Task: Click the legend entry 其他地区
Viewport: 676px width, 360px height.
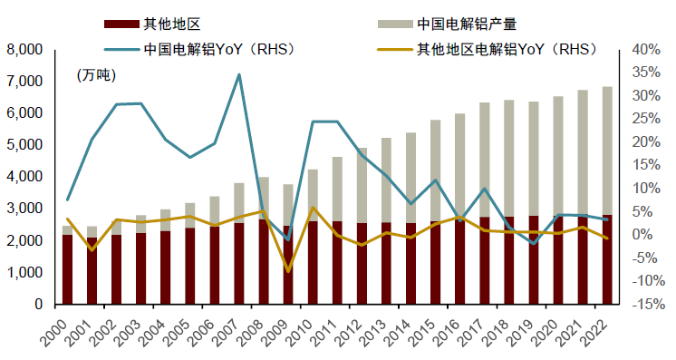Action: click(x=168, y=22)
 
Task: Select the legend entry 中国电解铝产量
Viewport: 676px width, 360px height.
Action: click(x=467, y=22)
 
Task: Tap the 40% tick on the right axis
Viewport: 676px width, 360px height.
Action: click(x=642, y=49)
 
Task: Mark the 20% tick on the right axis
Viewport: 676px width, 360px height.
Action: click(x=642, y=141)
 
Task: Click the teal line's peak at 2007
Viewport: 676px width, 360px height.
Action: click(x=239, y=74)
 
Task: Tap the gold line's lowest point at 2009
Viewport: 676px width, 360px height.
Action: click(x=288, y=271)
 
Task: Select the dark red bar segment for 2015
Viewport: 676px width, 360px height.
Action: click(x=436, y=263)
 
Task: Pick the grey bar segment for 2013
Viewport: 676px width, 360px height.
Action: click(x=387, y=180)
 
